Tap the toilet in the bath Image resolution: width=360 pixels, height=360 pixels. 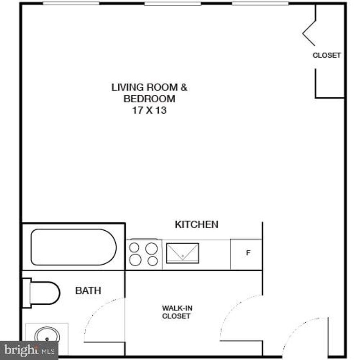click(x=45, y=293)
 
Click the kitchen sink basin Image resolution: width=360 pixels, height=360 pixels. click(x=182, y=253)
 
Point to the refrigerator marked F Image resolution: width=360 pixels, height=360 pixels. click(x=247, y=254)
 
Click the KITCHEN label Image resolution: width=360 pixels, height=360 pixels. click(x=196, y=225)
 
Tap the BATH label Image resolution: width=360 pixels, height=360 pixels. click(x=88, y=291)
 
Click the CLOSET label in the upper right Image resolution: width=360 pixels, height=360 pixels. click(x=326, y=55)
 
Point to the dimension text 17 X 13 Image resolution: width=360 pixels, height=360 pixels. click(x=149, y=110)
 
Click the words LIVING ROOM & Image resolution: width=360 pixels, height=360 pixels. click(x=149, y=87)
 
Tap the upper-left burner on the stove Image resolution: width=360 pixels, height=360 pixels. click(x=134, y=247)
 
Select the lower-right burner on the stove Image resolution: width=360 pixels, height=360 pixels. click(x=153, y=261)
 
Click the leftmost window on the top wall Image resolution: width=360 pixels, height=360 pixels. click(x=71, y=3)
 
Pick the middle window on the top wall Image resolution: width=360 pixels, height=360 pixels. click(x=172, y=3)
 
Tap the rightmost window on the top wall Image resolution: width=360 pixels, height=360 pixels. click(x=260, y=3)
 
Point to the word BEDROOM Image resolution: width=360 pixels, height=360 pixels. click(x=149, y=99)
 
